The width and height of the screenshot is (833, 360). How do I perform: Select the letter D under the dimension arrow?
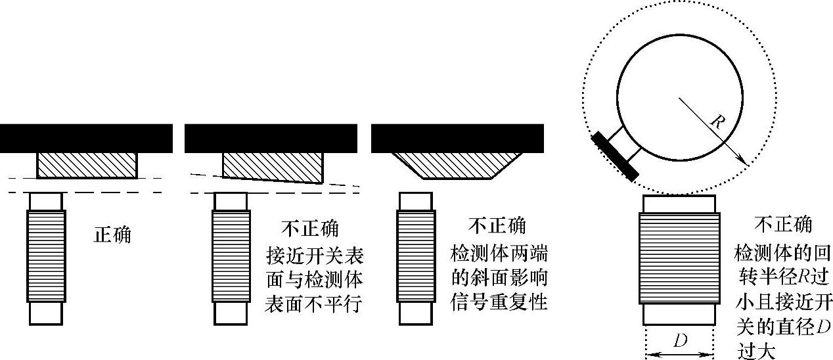pos(679,342)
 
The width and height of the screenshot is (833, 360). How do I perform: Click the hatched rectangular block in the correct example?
pos(87,164)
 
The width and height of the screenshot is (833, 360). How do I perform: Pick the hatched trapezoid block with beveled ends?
pos(457,164)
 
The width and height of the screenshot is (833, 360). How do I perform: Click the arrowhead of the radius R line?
pos(742,159)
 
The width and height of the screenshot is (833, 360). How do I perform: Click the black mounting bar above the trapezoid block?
pos(457,137)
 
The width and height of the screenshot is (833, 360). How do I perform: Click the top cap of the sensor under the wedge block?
pos(231,200)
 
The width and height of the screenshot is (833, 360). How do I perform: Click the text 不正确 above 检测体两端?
pos(497,227)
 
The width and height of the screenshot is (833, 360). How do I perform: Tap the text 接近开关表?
pos(315,254)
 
